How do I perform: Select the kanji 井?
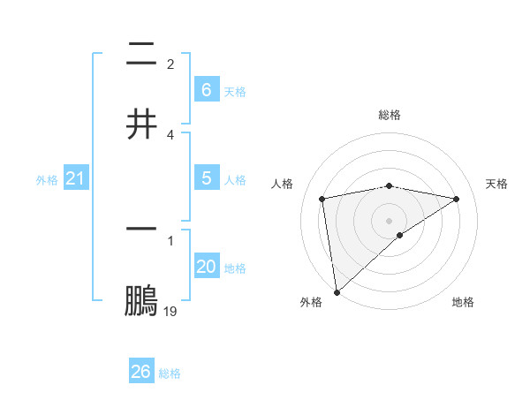[141, 124]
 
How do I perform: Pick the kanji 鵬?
[141, 302]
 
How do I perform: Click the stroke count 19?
[170, 311]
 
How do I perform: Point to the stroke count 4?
[170, 134]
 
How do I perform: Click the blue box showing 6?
[207, 90]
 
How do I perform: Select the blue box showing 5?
[207, 178]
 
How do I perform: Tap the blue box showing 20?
[207, 267]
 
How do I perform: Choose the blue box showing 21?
[75, 178]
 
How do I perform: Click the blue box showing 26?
[141, 372]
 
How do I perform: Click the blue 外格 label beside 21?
[47, 180]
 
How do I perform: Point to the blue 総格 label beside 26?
[170, 373]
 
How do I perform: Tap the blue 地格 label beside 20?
[235, 268]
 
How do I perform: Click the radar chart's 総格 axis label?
[390, 115]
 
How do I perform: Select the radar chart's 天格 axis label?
[497, 184]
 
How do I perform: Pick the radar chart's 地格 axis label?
[463, 302]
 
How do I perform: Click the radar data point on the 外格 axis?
[337, 291]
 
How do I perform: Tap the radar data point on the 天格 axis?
[457, 199]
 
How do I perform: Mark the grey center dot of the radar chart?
[390, 220]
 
